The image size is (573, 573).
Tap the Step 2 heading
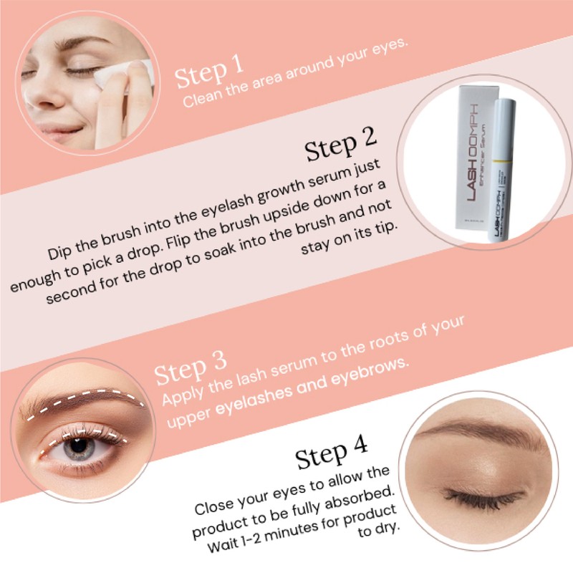pyautogui.click(x=340, y=147)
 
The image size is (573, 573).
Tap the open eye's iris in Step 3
pyautogui.click(x=78, y=446)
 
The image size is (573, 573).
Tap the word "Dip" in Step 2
pyautogui.click(x=62, y=252)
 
